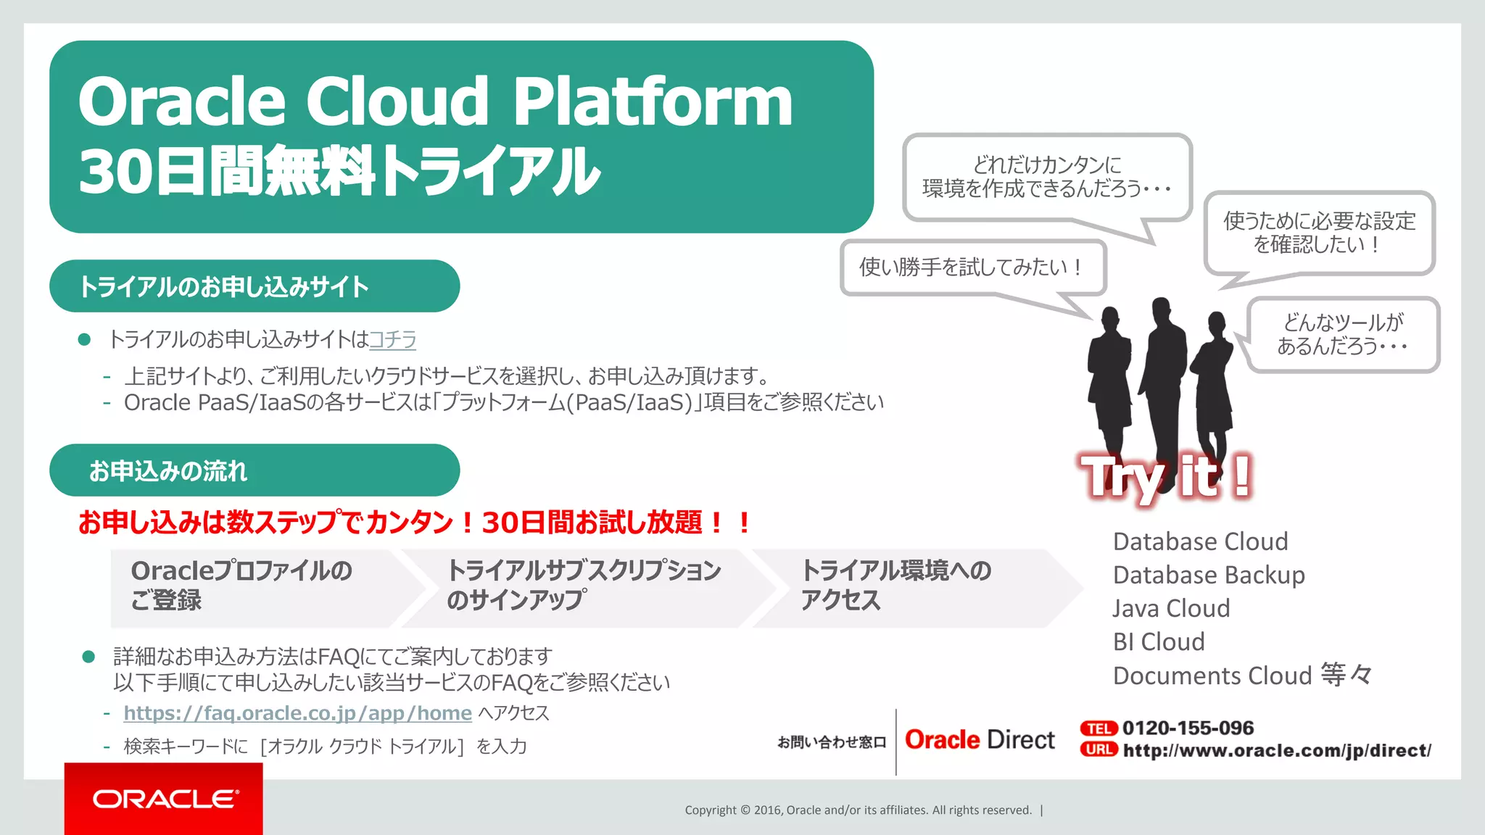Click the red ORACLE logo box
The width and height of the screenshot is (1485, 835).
(x=163, y=799)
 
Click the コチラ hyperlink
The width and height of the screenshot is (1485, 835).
(x=392, y=339)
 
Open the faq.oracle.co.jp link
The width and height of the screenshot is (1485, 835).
(x=297, y=713)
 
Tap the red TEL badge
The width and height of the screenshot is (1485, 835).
(x=1098, y=728)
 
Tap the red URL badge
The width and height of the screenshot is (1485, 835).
(x=1098, y=749)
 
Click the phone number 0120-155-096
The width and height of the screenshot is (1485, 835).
(x=1188, y=728)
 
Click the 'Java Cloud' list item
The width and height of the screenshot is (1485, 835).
(x=1171, y=608)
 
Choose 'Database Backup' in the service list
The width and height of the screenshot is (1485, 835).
(x=1209, y=575)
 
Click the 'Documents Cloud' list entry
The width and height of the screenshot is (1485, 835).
(x=1212, y=676)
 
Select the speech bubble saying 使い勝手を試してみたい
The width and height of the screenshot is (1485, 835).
(x=972, y=267)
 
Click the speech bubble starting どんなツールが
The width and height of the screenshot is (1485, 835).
(x=1342, y=334)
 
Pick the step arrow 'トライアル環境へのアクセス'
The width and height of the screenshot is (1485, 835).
(x=899, y=586)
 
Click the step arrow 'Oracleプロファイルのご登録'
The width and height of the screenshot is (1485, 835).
(x=247, y=586)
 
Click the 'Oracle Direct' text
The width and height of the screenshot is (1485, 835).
(x=980, y=740)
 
